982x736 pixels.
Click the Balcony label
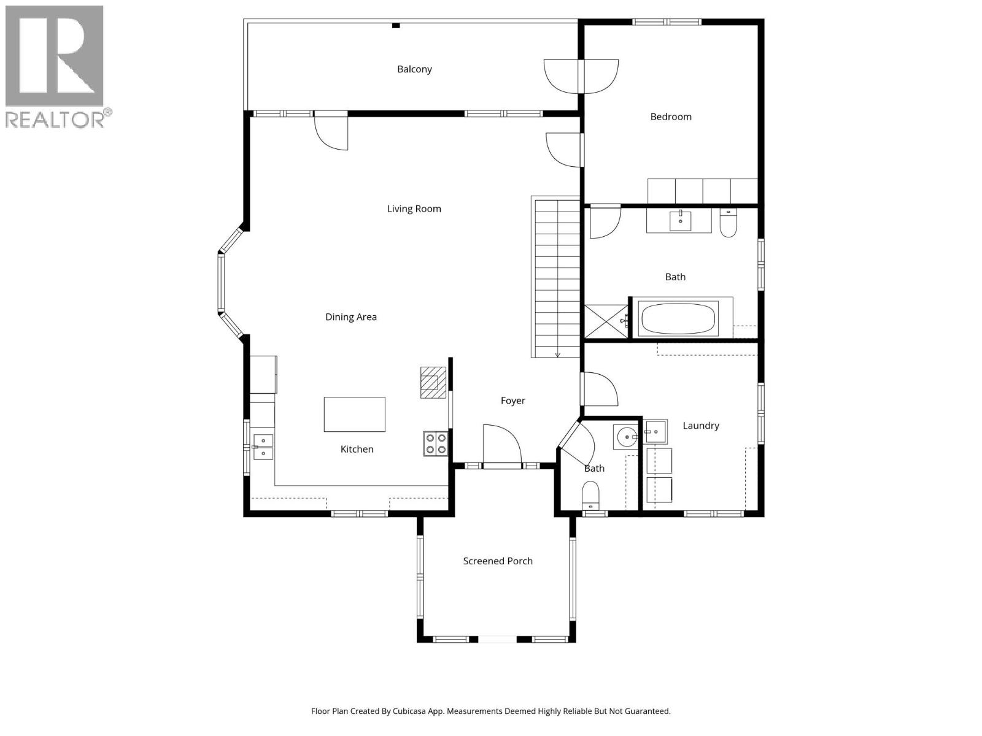tap(414, 69)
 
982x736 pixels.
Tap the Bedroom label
tap(671, 117)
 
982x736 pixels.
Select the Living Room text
tap(414, 209)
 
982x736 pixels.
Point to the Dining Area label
tap(350, 317)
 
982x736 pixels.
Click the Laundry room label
tap(700, 426)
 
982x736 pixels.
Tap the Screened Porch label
tap(497, 561)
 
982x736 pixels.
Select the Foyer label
tap(512, 401)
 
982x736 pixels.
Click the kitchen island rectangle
tap(354, 415)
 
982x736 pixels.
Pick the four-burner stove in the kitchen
tap(435, 443)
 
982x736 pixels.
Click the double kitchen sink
tap(263, 447)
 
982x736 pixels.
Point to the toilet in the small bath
tap(590, 494)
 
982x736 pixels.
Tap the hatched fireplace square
tap(432, 383)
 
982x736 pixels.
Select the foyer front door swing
tap(502, 445)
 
